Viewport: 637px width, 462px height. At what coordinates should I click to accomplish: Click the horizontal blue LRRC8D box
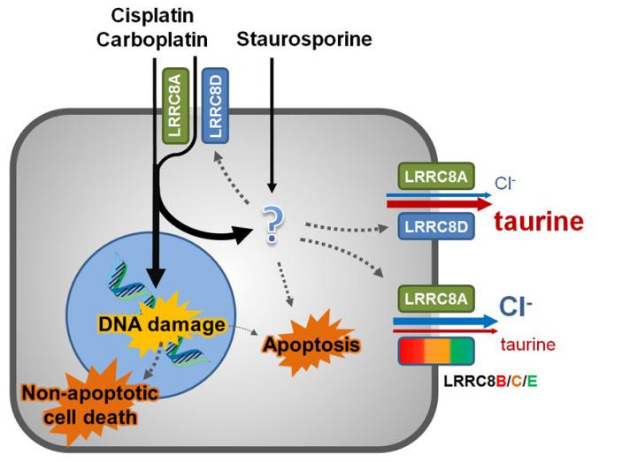[433, 226]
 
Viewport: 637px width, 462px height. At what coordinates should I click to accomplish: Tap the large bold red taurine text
[541, 222]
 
